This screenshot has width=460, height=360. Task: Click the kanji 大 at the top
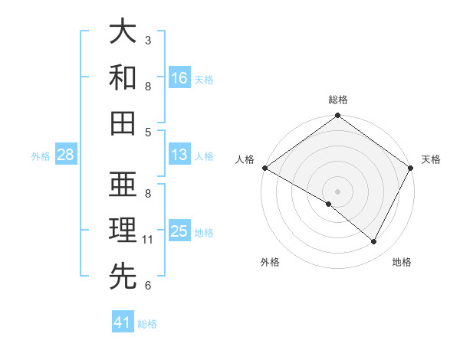pyautogui.click(x=123, y=33)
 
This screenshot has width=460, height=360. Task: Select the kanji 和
pyautogui.click(x=123, y=78)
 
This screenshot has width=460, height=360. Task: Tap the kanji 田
pyautogui.click(x=123, y=123)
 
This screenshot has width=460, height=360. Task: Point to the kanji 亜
pyautogui.click(x=123, y=186)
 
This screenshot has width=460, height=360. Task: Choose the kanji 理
pyautogui.click(x=123, y=231)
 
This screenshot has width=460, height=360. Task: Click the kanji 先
pyautogui.click(x=123, y=277)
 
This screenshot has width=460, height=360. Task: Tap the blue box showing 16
pyautogui.click(x=179, y=77)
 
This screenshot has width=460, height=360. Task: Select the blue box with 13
pyautogui.click(x=179, y=155)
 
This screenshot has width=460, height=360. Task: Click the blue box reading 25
pyautogui.click(x=179, y=231)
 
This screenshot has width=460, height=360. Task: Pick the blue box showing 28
pyautogui.click(x=66, y=155)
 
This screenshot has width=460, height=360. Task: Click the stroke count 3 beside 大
pyautogui.click(x=148, y=40)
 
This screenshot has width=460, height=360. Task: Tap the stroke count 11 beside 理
pyautogui.click(x=148, y=240)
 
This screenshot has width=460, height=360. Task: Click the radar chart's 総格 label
pyautogui.click(x=337, y=100)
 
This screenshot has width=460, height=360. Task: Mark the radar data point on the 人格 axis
pyautogui.click(x=264, y=168)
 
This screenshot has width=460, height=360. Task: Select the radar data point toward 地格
pyautogui.click(x=374, y=242)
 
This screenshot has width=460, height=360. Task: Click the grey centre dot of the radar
pyautogui.click(x=337, y=191)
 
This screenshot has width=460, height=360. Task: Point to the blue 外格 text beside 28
pyautogui.click(x=41, y=155)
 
